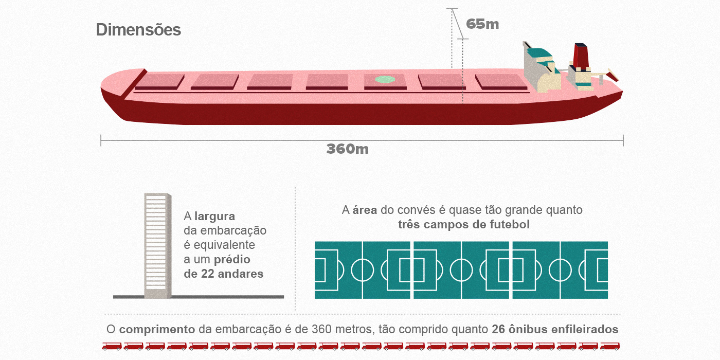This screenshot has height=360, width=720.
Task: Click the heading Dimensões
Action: click(x=138, y=30)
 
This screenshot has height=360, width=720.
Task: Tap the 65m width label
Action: click(x=482, y=24)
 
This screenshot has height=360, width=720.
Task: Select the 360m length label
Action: click(x=348, y=149)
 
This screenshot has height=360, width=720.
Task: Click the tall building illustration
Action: click(x=157, y=245)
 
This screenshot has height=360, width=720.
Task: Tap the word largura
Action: click(x=214, y=217)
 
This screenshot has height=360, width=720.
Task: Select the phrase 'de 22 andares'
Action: click(x=223, y=274)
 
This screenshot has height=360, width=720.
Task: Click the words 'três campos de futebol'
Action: click(x=463, y=225)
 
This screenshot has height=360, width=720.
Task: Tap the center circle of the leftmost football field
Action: click(x=363, y=269)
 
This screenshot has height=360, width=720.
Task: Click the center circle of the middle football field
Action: click(x=461, y=269)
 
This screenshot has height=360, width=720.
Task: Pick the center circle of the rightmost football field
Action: click(x=560, y=269)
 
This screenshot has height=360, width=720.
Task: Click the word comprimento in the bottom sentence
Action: click(x=157, y=329)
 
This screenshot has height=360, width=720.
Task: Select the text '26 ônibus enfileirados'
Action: click(x=555, y=329)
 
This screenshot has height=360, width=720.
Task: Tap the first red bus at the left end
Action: click(x=111, y=346)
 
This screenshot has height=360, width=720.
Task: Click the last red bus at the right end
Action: click(x=609, y=346)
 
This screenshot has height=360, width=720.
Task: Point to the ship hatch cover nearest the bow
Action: click(x=159, y=81)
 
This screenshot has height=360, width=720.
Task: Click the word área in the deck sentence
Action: click(x=365, y=210)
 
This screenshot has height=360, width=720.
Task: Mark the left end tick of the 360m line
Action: click(x=101, y=140)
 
